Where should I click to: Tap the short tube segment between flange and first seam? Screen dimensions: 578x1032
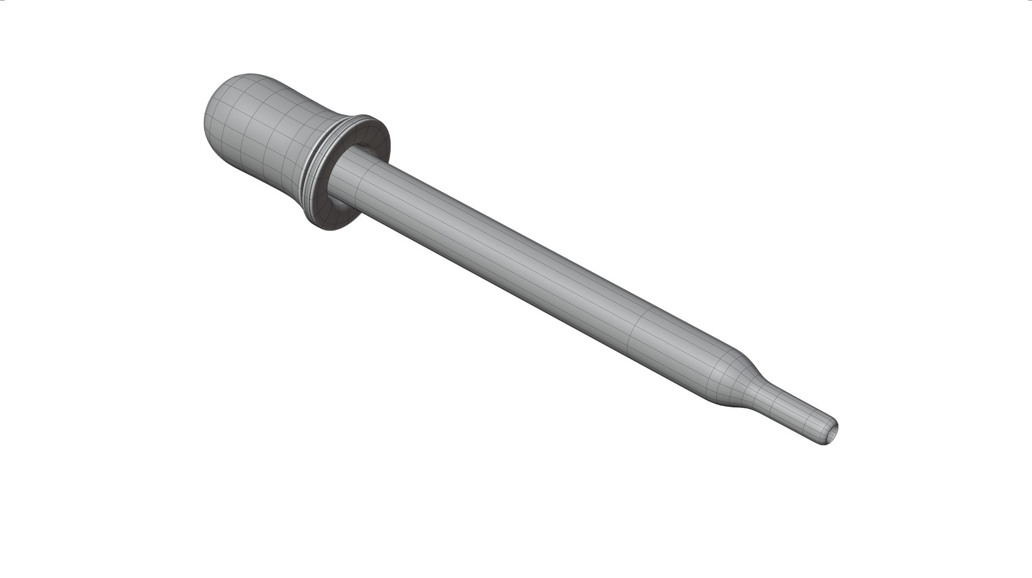click(355, 180)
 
